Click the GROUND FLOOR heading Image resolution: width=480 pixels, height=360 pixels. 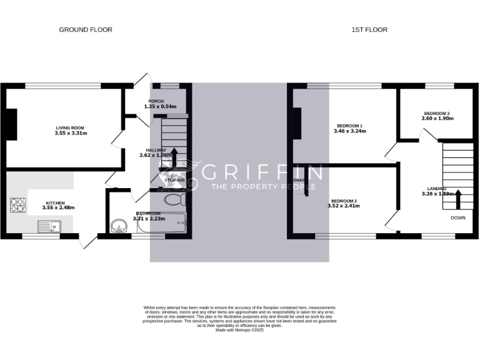[x=86, y=29]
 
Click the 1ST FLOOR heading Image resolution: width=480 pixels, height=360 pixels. [x=370, y=29]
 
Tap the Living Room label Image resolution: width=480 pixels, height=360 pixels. [x=71, y=127]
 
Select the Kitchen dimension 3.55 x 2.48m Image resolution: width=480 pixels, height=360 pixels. [x=59, y=207]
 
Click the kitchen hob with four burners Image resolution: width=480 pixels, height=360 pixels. [x=17, y=204]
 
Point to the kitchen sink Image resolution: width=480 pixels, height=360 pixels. [x=48, y=226]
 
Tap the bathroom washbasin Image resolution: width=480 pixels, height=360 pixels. [x=117, y=226]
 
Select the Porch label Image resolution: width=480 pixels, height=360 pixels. [x=156, y=101]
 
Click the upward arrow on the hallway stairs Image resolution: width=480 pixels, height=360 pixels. [x=174, y=156]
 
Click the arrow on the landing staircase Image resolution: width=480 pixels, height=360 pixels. [x=458, y=199]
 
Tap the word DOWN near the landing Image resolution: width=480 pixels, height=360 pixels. [x=458, y=218]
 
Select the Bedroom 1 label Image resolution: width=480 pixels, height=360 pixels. [x=349, y=126]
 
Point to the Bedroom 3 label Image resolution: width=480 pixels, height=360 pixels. [x=436, y=113]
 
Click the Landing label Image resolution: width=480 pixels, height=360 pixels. [x=437, y=188]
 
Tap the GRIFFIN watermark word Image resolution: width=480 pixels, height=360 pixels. [x=263, y=172]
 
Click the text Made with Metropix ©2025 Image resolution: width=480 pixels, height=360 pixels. [x=240, y=330]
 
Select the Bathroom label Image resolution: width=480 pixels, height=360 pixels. [x=148, y=213]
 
